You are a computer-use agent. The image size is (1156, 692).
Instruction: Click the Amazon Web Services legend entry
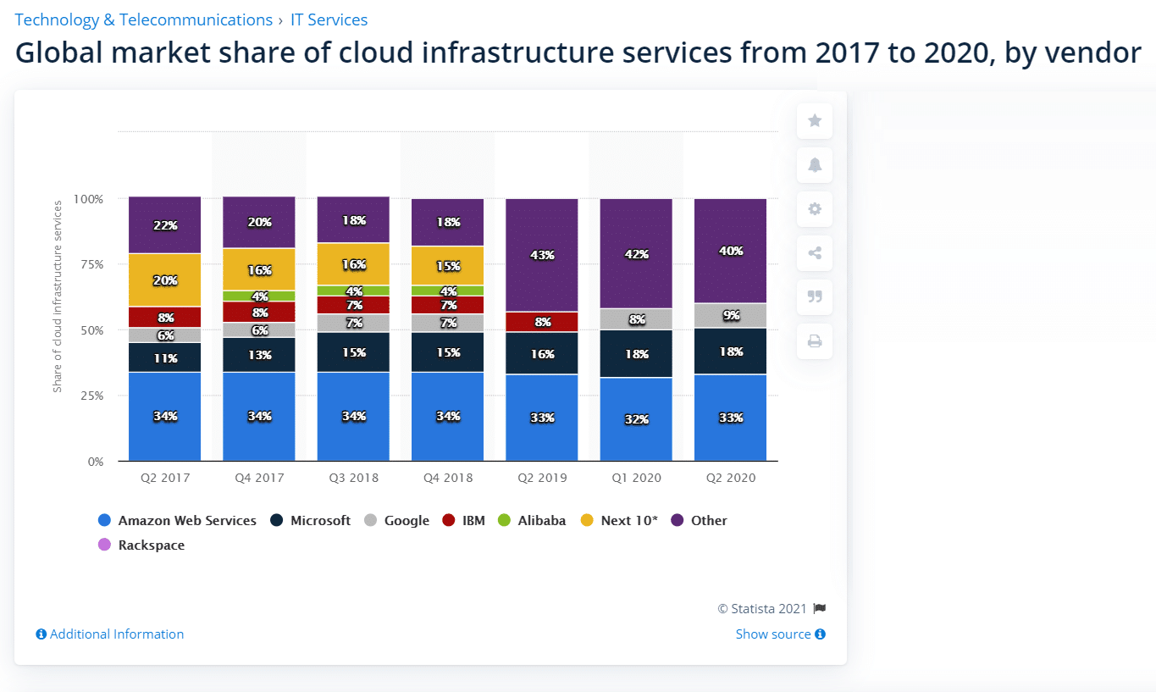point(178,521)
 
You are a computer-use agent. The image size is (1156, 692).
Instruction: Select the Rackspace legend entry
point(142,545)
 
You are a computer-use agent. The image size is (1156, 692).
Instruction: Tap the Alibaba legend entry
point(532,521)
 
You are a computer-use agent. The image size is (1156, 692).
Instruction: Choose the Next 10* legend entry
point(620,521)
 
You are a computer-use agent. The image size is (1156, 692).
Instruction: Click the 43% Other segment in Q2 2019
point(542,255)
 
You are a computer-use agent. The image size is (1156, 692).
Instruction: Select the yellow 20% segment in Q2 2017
point(165,280)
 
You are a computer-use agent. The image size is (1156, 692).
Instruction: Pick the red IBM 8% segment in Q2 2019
point(542,322)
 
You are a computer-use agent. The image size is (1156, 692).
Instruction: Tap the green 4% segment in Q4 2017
point(259,296)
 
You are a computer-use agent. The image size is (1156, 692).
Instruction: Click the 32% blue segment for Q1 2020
point(636,419)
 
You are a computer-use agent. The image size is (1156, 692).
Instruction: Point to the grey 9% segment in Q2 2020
point(730,315)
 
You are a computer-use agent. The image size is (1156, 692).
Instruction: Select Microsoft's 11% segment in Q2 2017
point(165,357)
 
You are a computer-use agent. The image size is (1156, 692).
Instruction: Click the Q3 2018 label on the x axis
point(354,478)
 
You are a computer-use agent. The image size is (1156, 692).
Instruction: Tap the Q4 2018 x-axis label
point(448,478)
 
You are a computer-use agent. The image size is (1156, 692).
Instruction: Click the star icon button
point(815,121)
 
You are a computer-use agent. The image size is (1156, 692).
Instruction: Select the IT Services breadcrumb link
point(329,19)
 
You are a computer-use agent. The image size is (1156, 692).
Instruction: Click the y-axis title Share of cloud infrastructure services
point(58,296)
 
